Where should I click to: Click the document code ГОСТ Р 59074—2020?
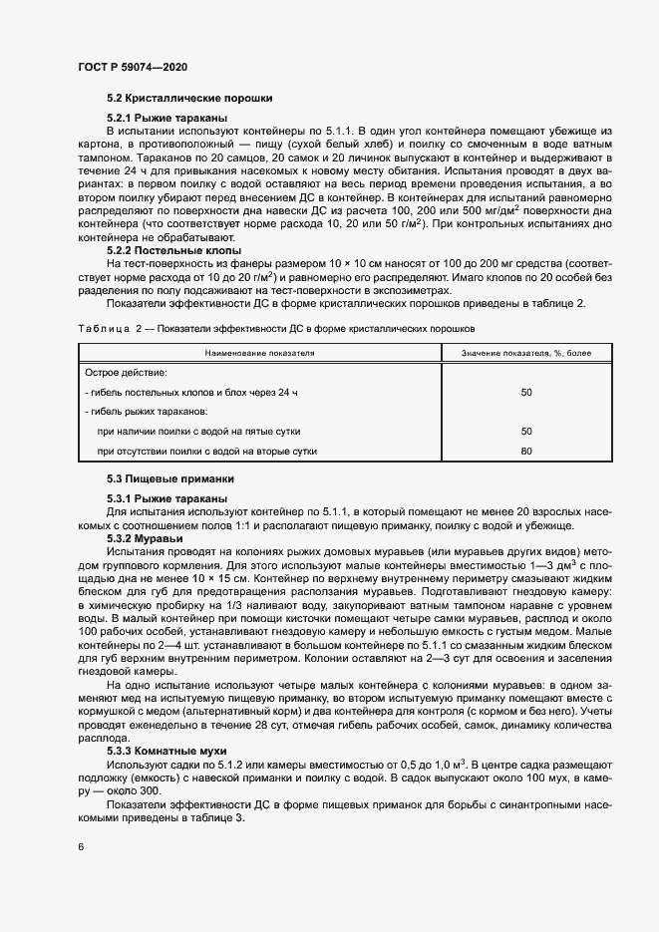coord(132,66)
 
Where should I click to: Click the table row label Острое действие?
coord(126,373)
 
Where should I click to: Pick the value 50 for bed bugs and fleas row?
coord(526,393)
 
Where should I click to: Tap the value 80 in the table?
coord(526,452)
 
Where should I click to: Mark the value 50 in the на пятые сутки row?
coord(526,432)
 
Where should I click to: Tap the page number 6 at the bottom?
coord(81,847)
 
